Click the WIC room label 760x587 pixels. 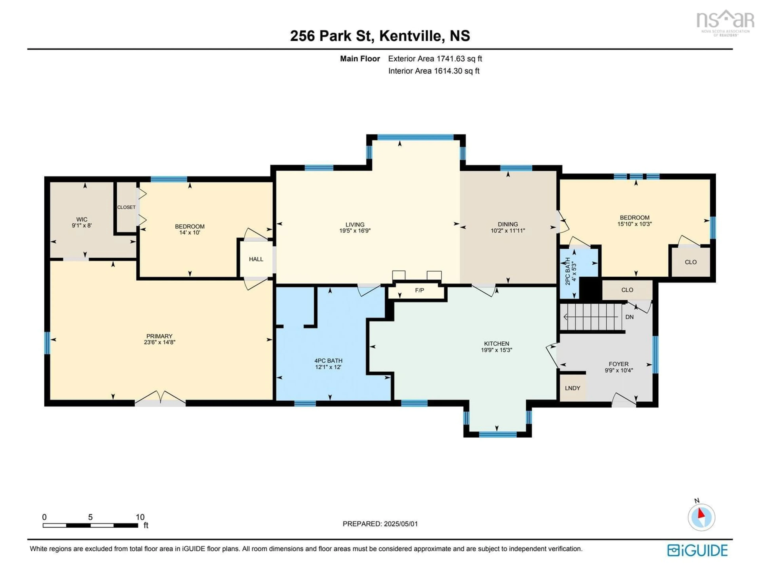pos(82,219)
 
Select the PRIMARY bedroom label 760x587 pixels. pos(159,336)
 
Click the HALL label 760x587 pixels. pos(256,259)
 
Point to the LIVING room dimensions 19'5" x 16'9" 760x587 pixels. pos(355,230)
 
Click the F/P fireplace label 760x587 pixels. pos(420,290)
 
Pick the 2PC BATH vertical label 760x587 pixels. pos(568,271)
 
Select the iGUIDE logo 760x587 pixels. pos(697,550)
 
